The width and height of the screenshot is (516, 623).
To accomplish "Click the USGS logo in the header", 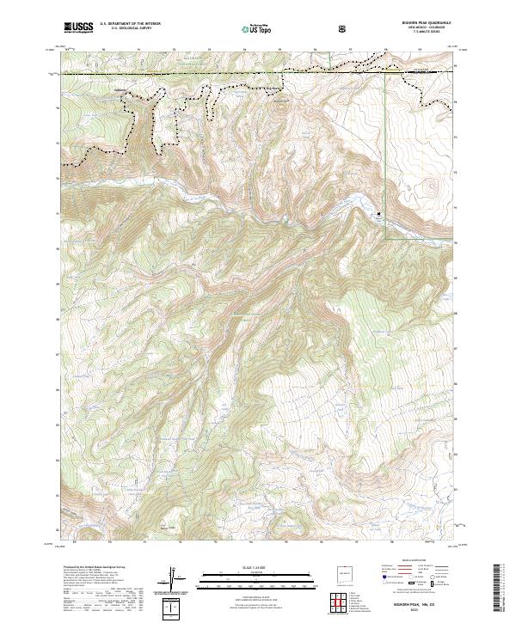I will click(78, 28).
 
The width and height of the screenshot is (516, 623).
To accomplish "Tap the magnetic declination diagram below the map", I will click(179, 581).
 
